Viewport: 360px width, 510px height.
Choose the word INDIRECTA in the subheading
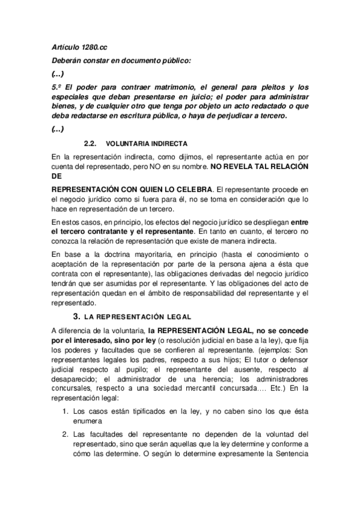pos(166,144)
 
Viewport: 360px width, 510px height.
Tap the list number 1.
pos(67,411)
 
